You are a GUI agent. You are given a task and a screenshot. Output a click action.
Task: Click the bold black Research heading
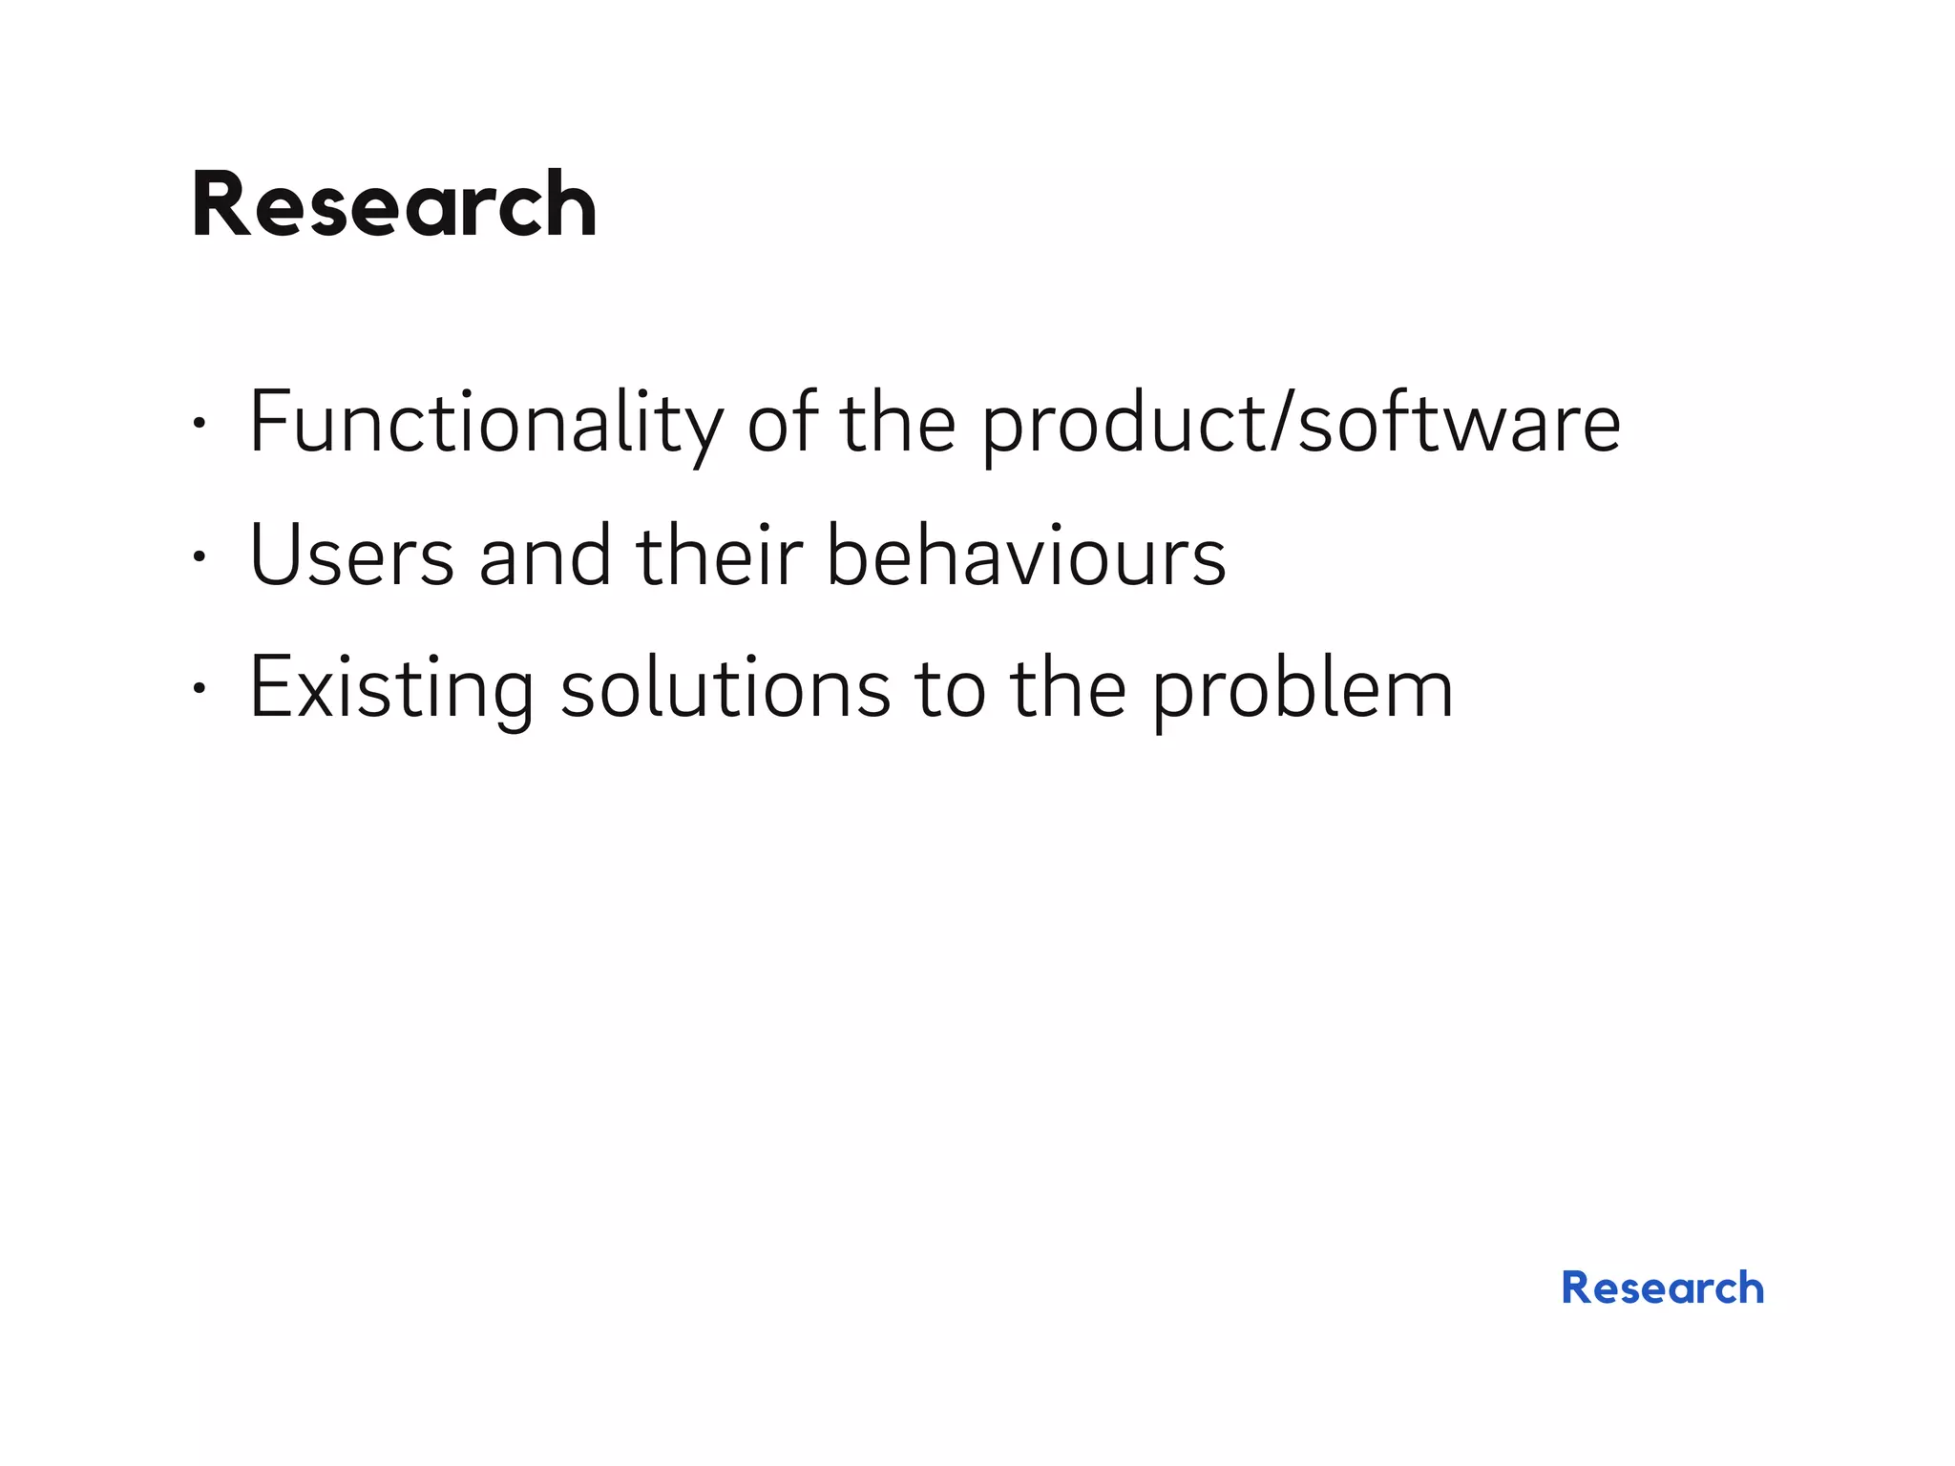(x=393, y=204)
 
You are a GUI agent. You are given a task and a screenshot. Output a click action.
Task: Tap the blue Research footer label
(x=1662, y=1288)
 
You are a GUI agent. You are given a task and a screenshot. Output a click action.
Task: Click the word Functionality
(x=486, y=423)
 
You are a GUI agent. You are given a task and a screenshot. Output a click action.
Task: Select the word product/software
(x=1300, y=423)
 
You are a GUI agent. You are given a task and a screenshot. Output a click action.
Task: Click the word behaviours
(x=1025, y=555)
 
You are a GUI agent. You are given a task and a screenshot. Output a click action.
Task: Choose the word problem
(x=1302, y=688)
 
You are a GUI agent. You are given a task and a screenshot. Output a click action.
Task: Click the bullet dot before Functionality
(x=198, y=423)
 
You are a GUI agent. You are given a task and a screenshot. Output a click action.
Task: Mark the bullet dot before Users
(x=198, y=555)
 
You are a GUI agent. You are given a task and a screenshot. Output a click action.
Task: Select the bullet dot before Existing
(x=198, y=688)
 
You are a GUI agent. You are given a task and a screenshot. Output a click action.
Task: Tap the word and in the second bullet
(x=545, y=555)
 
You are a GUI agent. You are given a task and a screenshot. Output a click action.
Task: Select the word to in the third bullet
(x=950, y=688)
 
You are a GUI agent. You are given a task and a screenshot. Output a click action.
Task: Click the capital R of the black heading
(x=221, y=204)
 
